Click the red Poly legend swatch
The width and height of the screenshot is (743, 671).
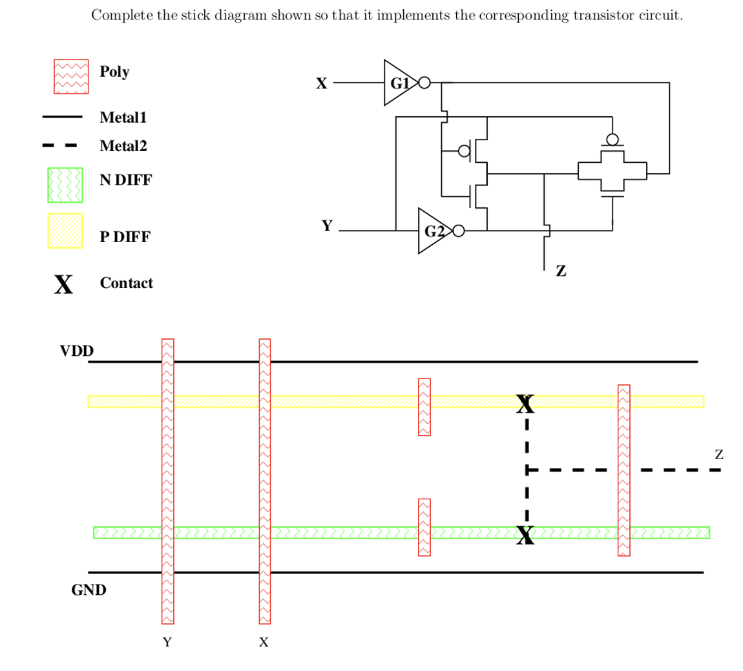pos(70,77)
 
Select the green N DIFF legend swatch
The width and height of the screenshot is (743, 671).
pos(65,185)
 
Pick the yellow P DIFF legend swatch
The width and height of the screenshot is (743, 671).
pos(65,231)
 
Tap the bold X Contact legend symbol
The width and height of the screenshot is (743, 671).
pos(63,284)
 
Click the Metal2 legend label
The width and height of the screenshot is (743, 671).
pos(123,147)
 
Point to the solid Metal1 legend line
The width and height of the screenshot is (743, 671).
pos(62,117)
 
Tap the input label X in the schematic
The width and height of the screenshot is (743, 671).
pos(321,83)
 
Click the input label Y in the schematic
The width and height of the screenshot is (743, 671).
pos(328,225)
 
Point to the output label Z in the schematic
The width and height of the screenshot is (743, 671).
pos(561,272)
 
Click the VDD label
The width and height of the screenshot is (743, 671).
pos(77,351)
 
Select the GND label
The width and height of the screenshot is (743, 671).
pos(89,590)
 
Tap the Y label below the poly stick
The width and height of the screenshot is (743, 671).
pos(167,643)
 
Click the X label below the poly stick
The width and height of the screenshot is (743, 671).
pos(264,643)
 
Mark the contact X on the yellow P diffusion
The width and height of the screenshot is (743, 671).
pos(526,404)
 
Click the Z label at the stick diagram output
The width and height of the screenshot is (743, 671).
pos(719,455)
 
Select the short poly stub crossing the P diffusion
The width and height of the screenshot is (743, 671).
pos(424,407)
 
